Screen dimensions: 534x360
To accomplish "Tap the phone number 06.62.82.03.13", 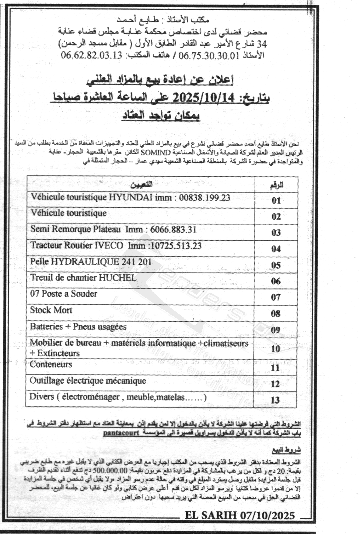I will (91, 55).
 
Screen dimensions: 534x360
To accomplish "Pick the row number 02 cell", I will (276, 217).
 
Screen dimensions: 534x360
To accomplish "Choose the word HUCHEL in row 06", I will (121, 278).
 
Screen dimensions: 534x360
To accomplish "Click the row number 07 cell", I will (276, 297).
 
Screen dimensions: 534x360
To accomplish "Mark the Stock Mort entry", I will (51, 310).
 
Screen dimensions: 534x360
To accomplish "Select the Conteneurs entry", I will (51, 364).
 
